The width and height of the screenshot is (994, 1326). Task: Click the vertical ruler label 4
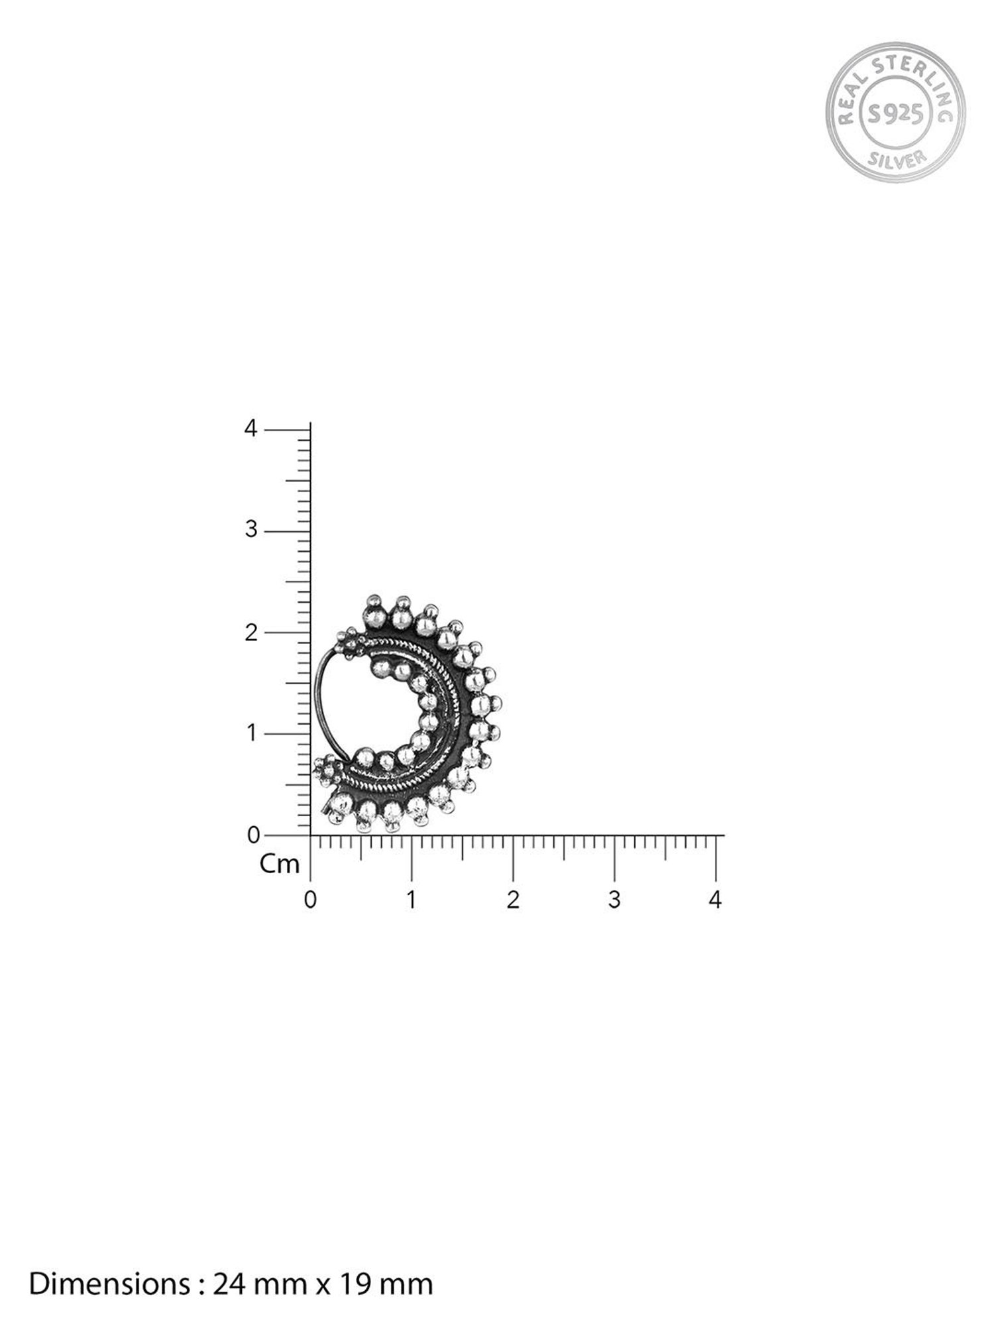250,429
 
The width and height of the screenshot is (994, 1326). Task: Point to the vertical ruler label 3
250,530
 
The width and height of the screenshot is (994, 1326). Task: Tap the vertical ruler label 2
250,633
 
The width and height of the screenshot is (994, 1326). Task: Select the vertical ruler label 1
251,734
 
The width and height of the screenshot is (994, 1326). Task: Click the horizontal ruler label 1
412,900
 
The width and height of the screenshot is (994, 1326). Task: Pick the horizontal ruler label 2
513,900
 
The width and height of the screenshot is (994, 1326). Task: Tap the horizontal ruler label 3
614,900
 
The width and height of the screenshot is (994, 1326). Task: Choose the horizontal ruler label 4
715,900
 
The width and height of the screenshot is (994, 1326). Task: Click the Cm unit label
280,864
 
